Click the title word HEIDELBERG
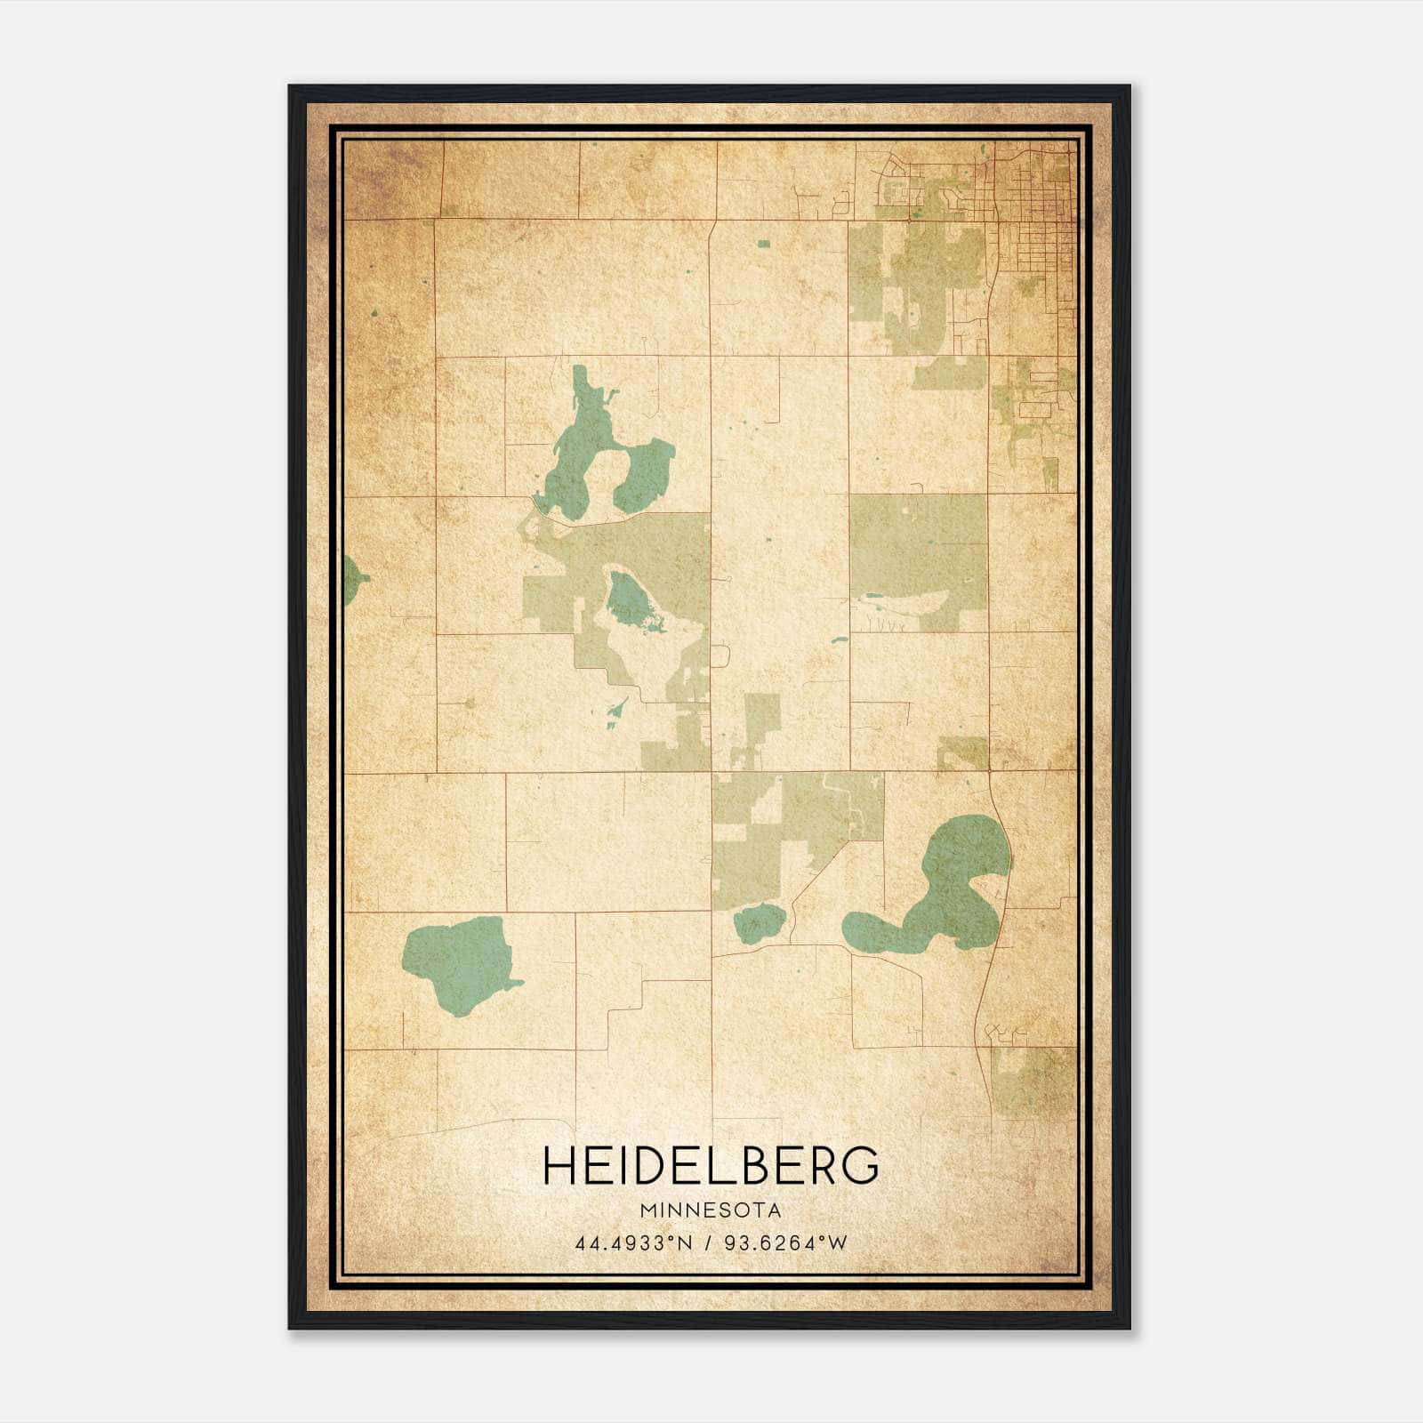pos(711,1167)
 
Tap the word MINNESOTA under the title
pos(711,1210)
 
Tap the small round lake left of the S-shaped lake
pos(758,923)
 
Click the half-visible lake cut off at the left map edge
pos(354,580)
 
